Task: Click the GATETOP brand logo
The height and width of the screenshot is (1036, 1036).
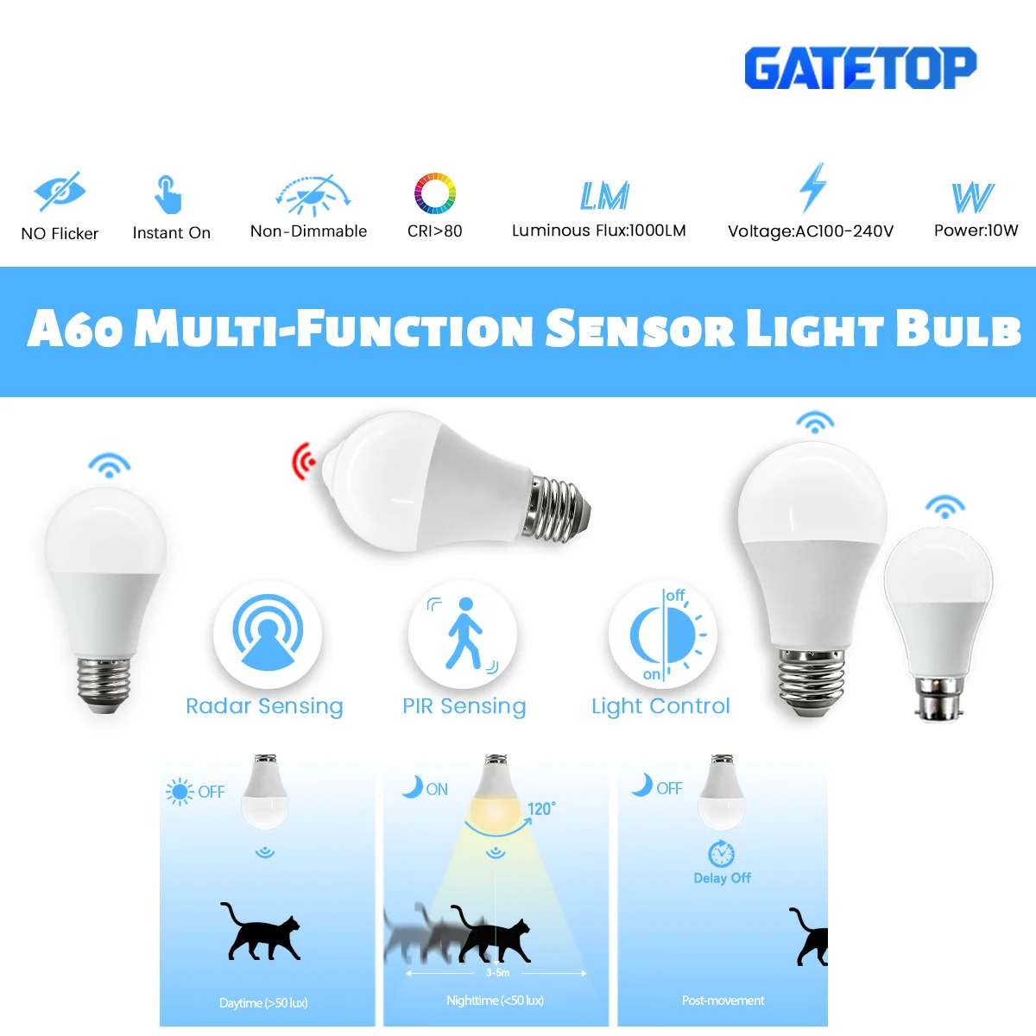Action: (860, 68)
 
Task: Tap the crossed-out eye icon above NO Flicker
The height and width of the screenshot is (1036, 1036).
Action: (59, 192)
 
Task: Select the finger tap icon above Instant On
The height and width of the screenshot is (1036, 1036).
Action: (167, 193)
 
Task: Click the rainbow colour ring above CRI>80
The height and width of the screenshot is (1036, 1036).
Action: (434, 193)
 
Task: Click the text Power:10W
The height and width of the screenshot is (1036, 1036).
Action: (976, 231)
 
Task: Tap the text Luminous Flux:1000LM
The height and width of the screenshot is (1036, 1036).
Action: (598, 231)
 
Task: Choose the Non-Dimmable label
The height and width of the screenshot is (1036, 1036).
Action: (308, 231)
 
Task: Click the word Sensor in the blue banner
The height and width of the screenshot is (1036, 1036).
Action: (639, 329)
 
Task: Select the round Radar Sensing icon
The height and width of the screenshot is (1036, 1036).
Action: (268, 634)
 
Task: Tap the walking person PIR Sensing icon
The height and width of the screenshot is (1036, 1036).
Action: (464, 634)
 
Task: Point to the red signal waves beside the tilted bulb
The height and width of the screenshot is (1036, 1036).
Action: (303, 461)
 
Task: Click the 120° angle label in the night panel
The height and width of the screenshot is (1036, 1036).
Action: (541, 809)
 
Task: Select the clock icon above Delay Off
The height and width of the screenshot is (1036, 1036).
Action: (722, 854)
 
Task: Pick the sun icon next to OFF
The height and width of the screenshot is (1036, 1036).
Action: (180, 791)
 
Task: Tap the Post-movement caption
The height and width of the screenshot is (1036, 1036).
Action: (723, 1001)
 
